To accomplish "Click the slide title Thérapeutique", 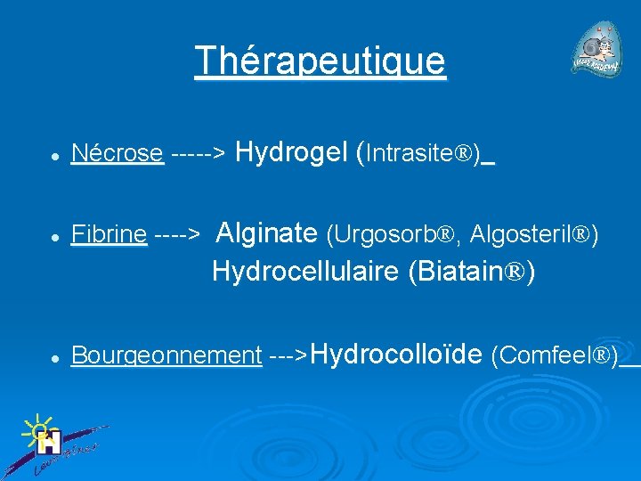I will (x=320, y=61).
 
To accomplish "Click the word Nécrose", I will (x=118, y=154).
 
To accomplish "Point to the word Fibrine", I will (x=109, y=235).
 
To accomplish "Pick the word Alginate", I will (x=267, y=233).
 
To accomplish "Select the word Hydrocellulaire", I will (x=305, y=272).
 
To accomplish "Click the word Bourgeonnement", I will (x=166, y=355).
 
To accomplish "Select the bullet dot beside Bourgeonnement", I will (x=55, y=358).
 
